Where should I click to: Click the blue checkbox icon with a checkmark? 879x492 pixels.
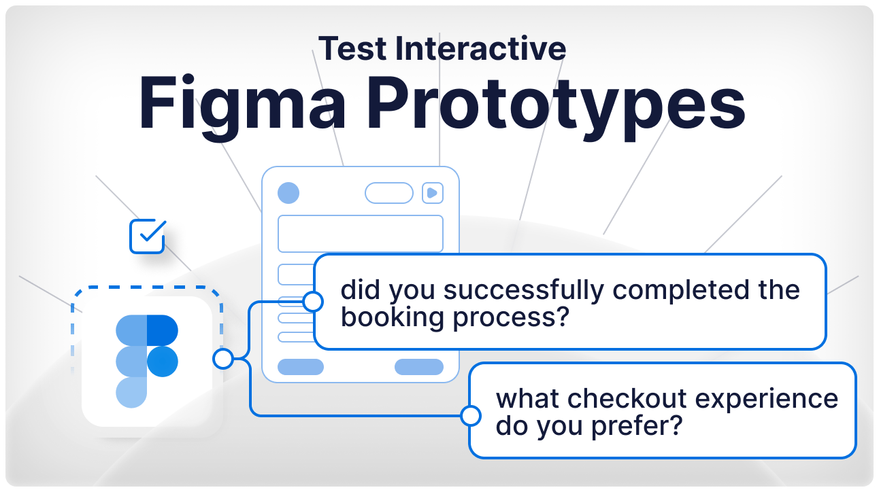tap(147, 236)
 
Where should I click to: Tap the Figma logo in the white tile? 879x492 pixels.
tap(147, 361)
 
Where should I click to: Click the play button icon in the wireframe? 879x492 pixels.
tap(432, 193)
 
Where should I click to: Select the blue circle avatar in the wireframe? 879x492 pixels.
tap(288, 193)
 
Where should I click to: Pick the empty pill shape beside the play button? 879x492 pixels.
tap(389, 193)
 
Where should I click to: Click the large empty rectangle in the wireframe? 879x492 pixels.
tap(360, 234)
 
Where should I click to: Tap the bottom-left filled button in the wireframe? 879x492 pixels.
tap(301, 367)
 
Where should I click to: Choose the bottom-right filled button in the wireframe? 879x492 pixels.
tap(419, 367)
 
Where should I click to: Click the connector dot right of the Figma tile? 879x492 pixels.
tap(222, 359)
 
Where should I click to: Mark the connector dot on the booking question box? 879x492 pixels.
tap(313, 301)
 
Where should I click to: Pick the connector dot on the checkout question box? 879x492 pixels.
tap(470, 415)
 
